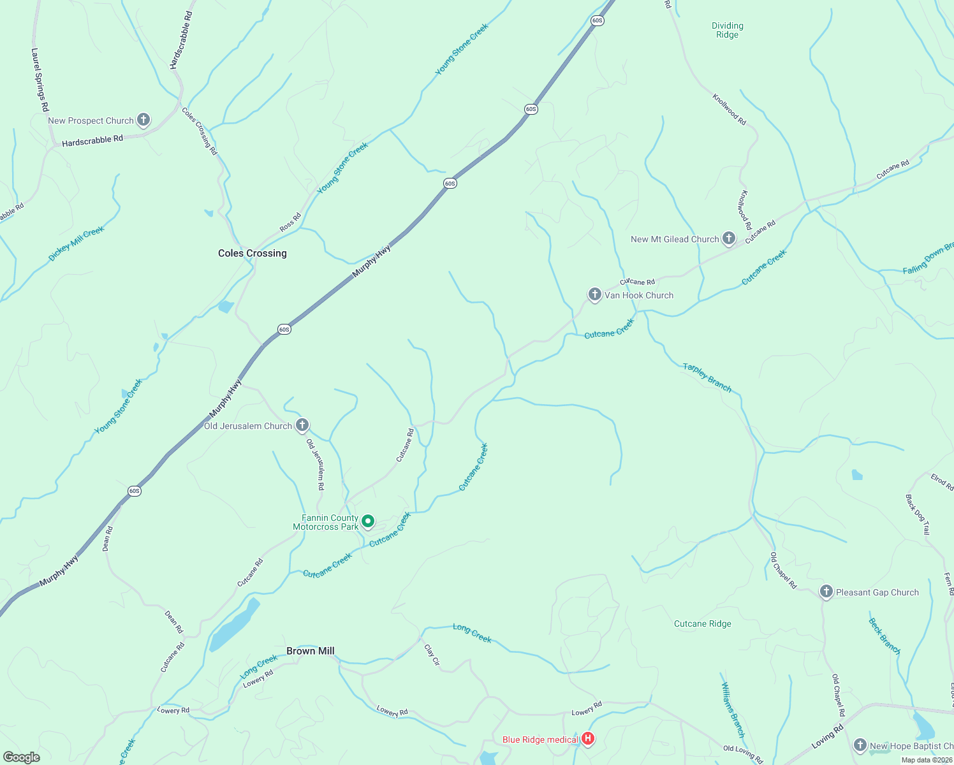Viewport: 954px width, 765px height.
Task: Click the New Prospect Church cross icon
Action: click(x=143, y=119)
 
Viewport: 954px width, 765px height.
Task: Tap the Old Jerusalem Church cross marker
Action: click(x=302, y=425)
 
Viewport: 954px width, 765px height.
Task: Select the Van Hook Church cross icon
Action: click(x=594, y=294)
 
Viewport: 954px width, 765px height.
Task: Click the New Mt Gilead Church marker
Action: click(x=728, y=238)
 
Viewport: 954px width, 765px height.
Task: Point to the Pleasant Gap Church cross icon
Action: click(x=826, y=591)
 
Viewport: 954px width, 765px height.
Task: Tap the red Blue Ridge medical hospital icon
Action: click(x=588, y=739)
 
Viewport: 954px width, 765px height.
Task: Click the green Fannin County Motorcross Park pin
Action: click(x=368, y=521)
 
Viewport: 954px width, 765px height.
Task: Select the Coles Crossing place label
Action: click(x=253, y=253)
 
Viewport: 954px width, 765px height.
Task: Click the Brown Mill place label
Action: click(x=311, y=651)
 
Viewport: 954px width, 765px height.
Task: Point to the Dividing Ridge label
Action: click(x=728, y=31)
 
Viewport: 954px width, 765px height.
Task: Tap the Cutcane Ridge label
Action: click(x=703, y=623)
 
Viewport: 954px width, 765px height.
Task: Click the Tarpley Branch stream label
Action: click(x=707, y=377)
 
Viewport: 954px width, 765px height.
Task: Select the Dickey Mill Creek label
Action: click(x=77, y=244)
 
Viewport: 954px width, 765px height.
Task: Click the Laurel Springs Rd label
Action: click(x=40, y=80)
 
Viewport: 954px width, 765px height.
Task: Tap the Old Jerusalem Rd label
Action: click(x=316, y=465)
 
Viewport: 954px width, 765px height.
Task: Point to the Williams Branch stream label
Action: click(x=733, y=710)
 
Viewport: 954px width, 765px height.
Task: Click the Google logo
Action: click(x=22, y=757)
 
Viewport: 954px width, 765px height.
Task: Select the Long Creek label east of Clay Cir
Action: click(x=472, y=633)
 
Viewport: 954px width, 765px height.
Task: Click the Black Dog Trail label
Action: click(x=918, y=514)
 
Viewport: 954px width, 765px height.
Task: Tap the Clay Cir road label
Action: click(x=432, y=655)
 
